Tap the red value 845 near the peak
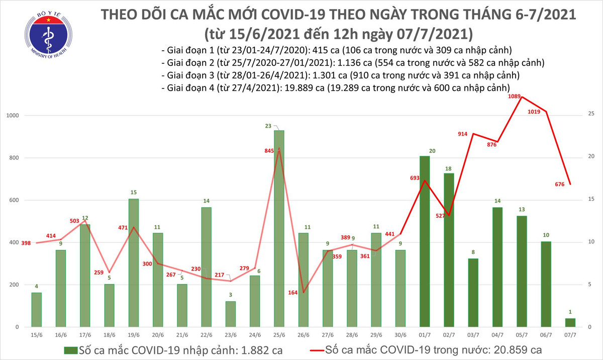269,150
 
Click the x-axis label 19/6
134,334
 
